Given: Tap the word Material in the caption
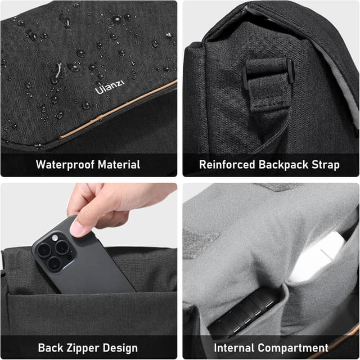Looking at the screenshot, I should tap(118, 165).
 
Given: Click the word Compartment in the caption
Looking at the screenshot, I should tap(295, 347).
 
